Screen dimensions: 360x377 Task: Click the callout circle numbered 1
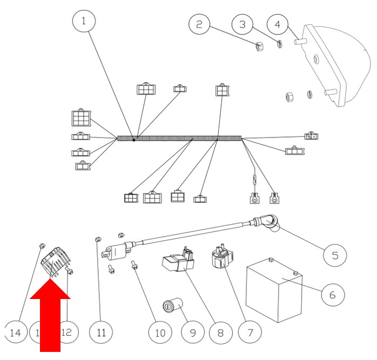(84, 21)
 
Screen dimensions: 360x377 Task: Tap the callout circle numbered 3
(243, 24)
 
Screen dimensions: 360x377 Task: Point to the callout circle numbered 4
(277, 24)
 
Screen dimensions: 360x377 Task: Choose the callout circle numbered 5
(334, 254)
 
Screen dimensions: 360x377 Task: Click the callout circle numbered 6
(333, 295)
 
